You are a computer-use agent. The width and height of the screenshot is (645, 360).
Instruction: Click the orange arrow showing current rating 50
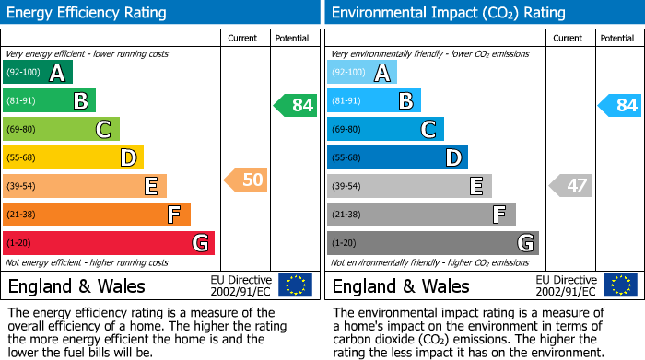[246, 180]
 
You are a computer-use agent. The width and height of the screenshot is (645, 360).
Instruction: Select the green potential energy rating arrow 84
[296, 105]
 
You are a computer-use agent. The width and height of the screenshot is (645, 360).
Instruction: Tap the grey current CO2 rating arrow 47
[570, 185]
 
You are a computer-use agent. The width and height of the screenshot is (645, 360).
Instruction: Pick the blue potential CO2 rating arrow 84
[620, 105]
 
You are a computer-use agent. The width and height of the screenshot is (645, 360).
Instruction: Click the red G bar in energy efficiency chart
[109, 243]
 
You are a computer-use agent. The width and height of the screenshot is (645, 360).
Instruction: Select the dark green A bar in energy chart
[38, 73]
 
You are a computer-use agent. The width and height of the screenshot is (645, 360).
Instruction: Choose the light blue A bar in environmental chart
[362, 73]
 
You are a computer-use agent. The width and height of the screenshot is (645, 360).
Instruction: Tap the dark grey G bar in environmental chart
[432, 243]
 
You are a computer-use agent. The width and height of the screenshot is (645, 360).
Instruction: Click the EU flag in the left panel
[295, 285]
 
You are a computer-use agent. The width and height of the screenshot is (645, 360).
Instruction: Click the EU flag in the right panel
[619, 285]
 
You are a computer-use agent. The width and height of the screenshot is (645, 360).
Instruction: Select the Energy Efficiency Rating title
[88, 13]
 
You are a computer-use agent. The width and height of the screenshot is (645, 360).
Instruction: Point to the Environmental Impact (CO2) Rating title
[448, 13]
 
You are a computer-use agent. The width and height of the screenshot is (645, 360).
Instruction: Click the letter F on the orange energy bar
[172, 215]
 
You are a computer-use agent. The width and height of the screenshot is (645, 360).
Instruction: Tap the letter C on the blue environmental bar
[428, 130]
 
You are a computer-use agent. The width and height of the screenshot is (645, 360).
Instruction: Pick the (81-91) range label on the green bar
[22, 101]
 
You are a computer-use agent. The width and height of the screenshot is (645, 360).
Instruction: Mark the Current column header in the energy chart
[243, 38]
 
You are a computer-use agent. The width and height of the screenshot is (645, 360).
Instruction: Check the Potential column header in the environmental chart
[616, 38]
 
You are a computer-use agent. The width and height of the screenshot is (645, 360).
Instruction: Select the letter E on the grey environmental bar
[475, 186]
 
